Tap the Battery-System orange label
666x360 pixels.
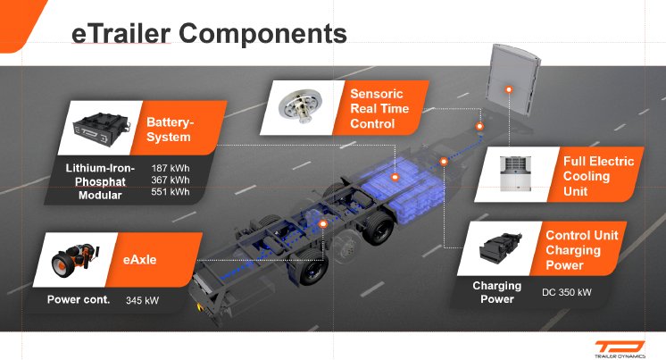pyautogui.click(x=170, y=130)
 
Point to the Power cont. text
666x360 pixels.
pyautogui.click(x=79, y=299)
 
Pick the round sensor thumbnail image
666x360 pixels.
pyautogui.click(x=300, y=106)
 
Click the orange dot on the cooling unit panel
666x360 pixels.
pyautogui.click(x=508, y=90)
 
